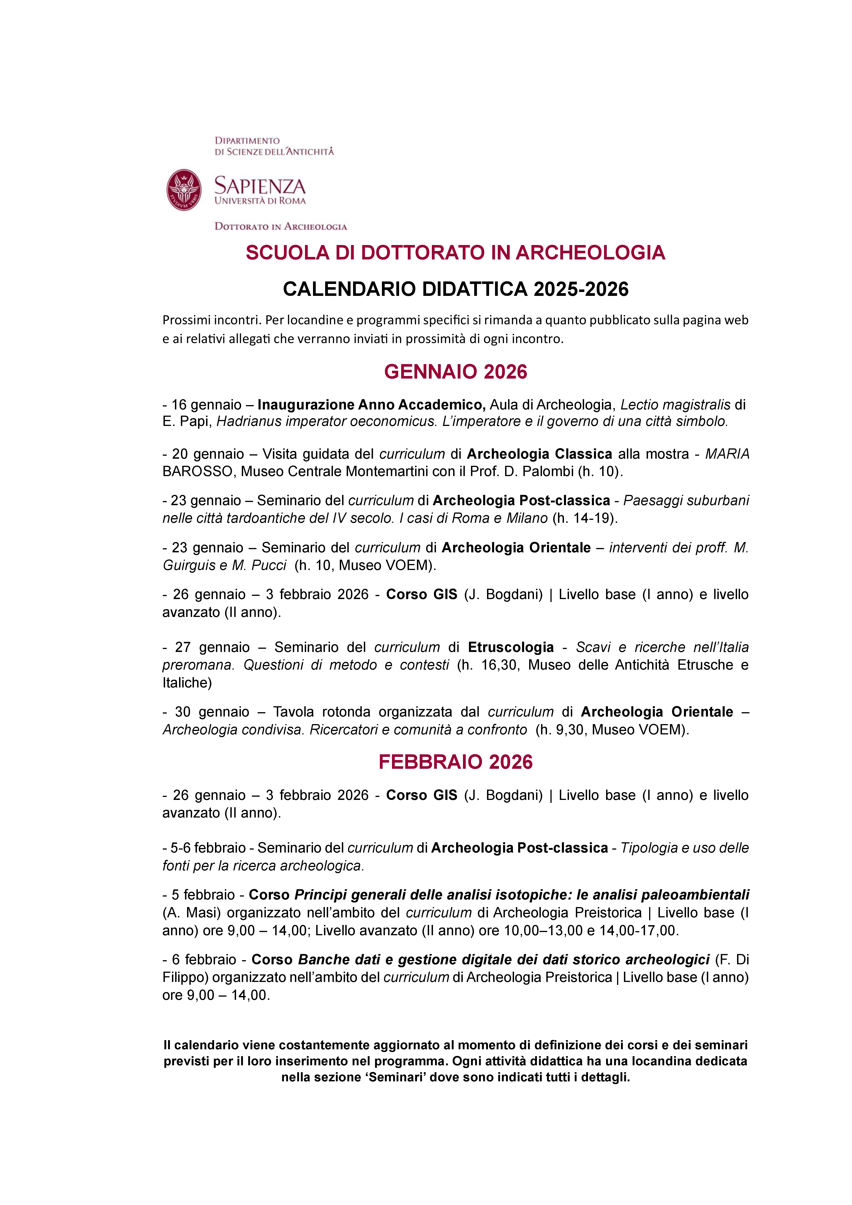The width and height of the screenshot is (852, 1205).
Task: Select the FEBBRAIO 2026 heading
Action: point(455,761)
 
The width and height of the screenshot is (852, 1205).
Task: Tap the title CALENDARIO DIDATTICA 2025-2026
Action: point(455,289)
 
